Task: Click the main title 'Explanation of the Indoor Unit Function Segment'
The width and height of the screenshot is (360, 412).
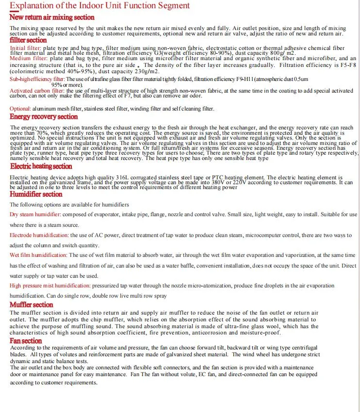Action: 100,6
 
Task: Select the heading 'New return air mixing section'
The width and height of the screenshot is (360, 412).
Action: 52,17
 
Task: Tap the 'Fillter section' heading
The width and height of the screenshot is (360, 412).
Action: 28,40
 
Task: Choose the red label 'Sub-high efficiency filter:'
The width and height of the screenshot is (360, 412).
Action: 37,79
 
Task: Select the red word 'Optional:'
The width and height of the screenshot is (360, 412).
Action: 20,109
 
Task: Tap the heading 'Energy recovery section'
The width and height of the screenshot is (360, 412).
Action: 44,117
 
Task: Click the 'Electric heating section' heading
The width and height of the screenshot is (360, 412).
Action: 41,166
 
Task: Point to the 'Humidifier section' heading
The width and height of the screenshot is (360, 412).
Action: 36,194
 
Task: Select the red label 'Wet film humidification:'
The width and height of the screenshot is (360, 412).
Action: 38,255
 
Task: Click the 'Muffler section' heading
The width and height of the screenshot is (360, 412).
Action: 32,305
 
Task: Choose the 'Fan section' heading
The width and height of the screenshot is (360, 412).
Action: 26,341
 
